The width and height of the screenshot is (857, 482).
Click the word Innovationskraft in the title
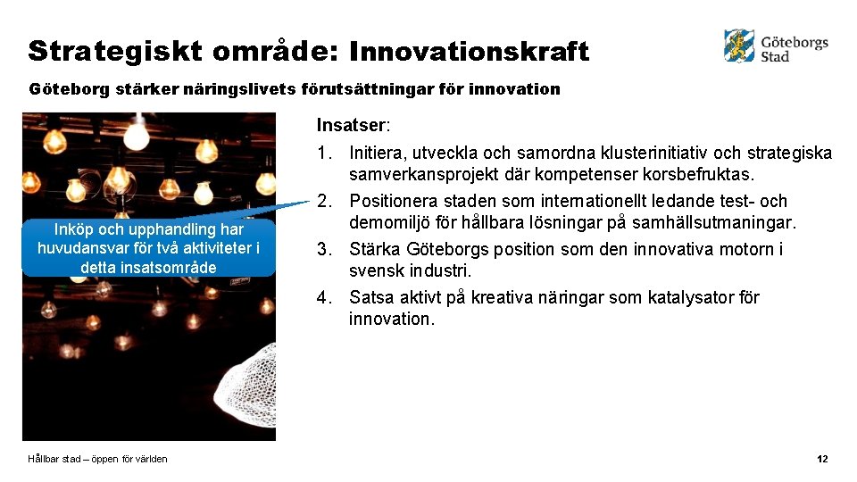(469, 52)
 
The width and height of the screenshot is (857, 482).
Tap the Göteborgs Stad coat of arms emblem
(739, 46)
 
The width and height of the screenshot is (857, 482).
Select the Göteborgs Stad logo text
(794, 48)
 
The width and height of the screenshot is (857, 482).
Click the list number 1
(325, 153)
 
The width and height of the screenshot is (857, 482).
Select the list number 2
(325, 201)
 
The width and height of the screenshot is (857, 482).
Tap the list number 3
(325, 249)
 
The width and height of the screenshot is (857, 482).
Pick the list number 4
(325, 297)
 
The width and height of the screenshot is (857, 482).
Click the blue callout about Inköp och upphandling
(148, 248)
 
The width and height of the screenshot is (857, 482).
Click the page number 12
(822, 459)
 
